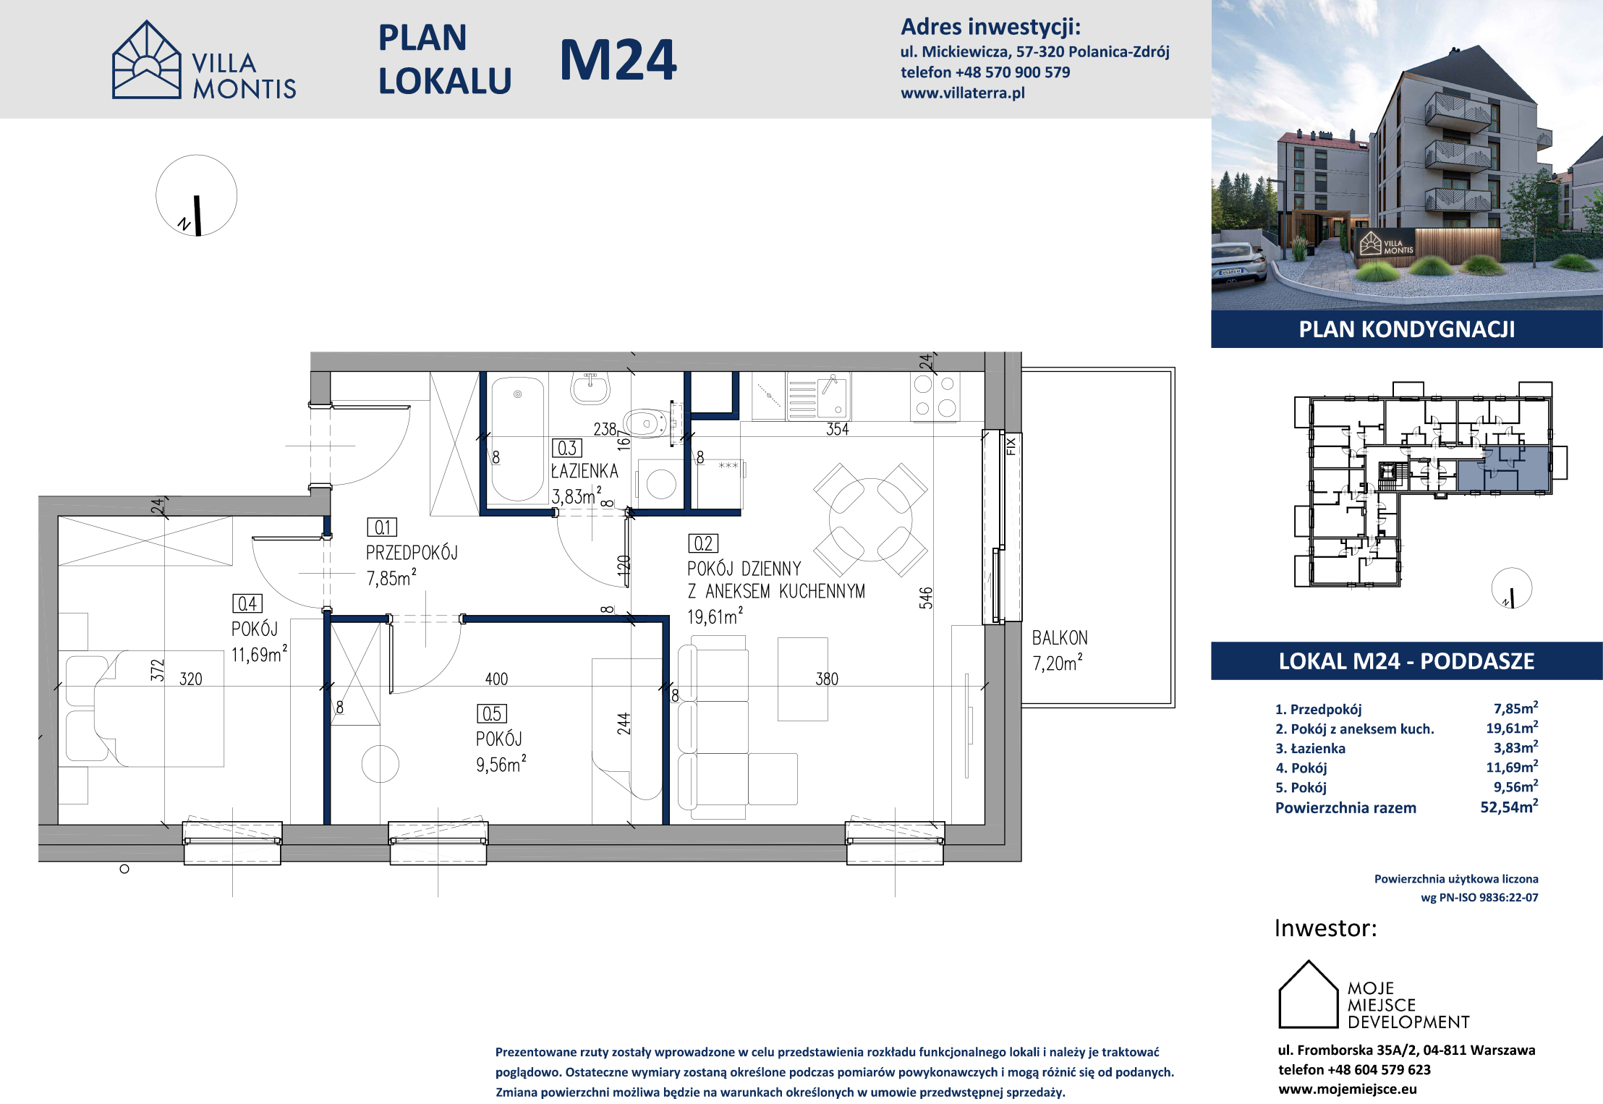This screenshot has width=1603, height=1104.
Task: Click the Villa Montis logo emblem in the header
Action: (x=147, y=59)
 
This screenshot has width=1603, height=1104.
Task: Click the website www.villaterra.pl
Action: (x=963, y=93)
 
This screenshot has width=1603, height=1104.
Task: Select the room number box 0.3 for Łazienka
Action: (x=567, y=448)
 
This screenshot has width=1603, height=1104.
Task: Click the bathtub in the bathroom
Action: (x=517, y=440)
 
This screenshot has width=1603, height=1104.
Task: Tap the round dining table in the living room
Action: (x=870, y=519)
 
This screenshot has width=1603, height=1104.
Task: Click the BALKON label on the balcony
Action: (x=1060, y=638)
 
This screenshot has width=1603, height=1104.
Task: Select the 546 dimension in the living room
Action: (x=926, y=598)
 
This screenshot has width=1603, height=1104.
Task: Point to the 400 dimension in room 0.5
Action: (x=496, y=679)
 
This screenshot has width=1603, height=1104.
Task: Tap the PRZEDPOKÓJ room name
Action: (x=412, y=553)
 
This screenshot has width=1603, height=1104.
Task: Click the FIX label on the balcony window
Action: (x=1011, y=446)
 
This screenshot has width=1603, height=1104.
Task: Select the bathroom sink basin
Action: (x=590, y=388)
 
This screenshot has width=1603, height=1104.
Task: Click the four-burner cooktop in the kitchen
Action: (x=935, y=396)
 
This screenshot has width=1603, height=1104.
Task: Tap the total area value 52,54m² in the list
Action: (x=1509, y=807)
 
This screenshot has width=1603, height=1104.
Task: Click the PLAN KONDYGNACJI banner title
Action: (x=1406, y=330)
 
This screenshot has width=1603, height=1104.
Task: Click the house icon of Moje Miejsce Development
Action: (x=1309, y=994)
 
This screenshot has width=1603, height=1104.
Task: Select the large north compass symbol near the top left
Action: (x=196, y=195)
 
